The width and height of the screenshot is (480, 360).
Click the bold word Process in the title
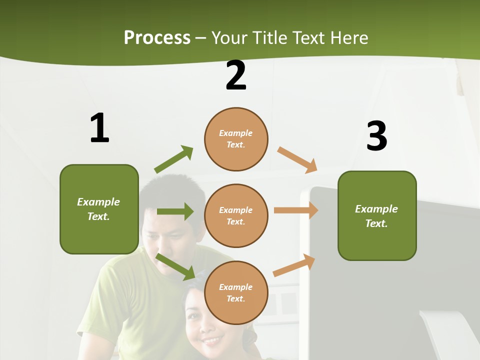click(157, 38)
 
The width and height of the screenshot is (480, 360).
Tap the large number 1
click(99, 128)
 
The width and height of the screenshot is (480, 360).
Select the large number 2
click(236, 76)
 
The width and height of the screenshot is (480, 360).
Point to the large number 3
click(376, 135)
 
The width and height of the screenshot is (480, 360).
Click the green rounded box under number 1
click(99, 209)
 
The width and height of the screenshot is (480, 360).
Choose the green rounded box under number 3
click(377, 215)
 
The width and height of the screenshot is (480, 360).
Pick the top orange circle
click(236, 139)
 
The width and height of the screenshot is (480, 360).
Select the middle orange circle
click(236, 215)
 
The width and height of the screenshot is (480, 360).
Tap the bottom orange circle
click(236, 292)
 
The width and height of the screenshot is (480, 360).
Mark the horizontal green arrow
click(175, 211)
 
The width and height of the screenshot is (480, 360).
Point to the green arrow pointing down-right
click(175, 266)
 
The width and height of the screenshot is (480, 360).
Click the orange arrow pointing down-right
click(297, 160)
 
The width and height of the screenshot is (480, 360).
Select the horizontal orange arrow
click(296, 210)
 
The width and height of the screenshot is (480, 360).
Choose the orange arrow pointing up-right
click(294, 265)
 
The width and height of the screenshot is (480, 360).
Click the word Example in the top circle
click(236, 133)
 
